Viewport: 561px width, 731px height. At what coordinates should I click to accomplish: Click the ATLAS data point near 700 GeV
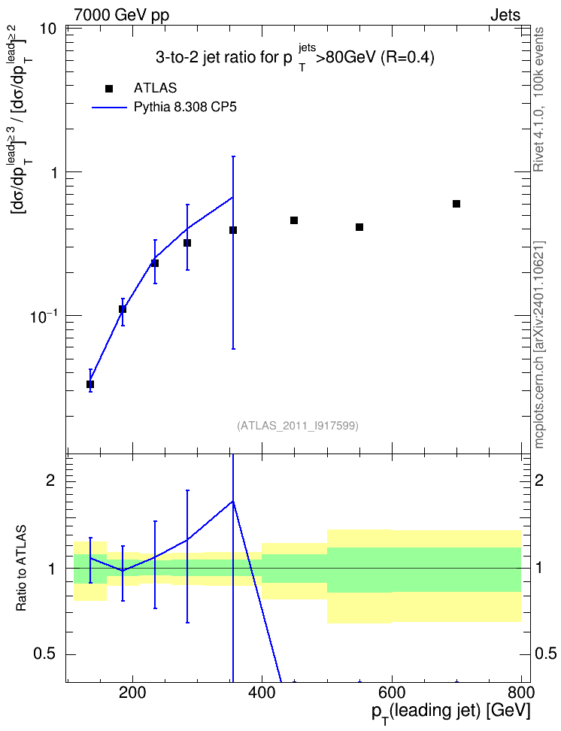click(x=456, y=204)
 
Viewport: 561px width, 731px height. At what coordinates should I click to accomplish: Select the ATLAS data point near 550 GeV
click(x=359, y=227)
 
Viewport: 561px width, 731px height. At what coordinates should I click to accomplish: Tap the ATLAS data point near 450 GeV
click(x=294, y=220)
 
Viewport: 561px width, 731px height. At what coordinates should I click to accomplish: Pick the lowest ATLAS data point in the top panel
click(x=90, y=384)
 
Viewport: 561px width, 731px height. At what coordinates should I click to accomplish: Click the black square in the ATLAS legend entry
click(x=109, y=89)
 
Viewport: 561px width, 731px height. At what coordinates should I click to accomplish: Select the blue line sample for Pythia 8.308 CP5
click(x=109, y=108)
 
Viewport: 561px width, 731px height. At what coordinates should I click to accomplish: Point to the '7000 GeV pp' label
click(x=121, y=15)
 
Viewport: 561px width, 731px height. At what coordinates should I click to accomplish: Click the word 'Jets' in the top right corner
click(x=505, y=15)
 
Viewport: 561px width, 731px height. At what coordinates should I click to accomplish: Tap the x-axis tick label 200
click(x=132, y=693)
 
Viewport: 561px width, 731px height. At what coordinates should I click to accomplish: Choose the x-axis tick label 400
click(x=262, y=693)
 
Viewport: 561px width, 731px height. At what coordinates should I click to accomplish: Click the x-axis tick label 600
click(x=392, y=693)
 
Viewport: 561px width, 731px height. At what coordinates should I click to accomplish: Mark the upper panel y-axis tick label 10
click(x=47, y=29)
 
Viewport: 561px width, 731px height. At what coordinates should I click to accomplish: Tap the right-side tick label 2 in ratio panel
click(x=539, y=480)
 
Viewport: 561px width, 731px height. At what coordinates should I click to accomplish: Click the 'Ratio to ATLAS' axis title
click(x=21, y=568)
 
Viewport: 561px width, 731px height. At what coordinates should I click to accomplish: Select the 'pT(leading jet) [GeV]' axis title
click(x=451, y=712)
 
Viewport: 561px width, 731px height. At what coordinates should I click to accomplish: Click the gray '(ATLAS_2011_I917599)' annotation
click(x=298, y=426)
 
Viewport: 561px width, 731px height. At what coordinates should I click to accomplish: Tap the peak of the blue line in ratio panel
click(x=232, y=501)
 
